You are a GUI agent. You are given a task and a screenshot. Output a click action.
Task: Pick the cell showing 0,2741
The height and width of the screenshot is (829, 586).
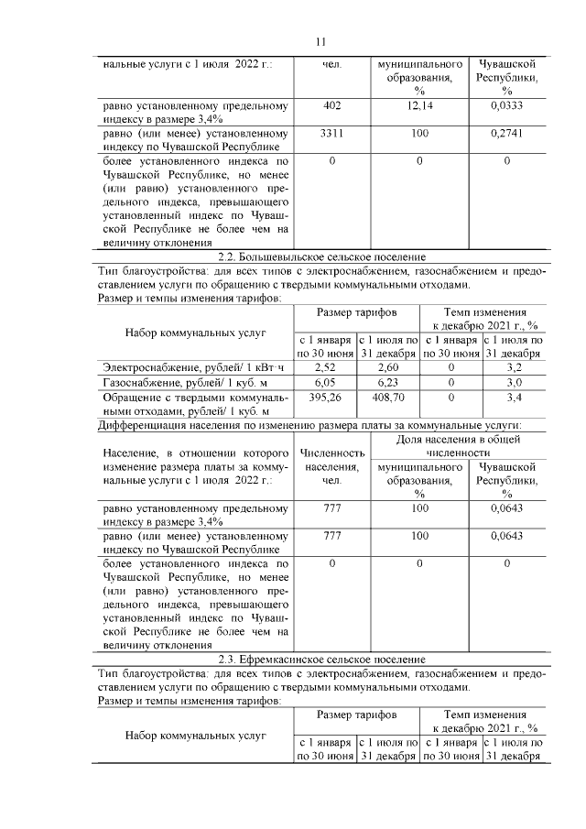[x=506, y=134]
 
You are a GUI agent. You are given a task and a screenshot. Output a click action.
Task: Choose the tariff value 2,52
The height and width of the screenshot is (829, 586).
[x=326, y=367]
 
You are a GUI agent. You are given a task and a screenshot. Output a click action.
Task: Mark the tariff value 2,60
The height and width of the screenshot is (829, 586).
[x=388, y=367]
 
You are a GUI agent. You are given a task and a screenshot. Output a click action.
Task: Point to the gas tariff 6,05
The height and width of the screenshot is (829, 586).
[x=326, y=382]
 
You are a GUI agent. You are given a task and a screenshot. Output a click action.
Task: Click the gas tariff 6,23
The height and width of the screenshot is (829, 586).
[x=388, y=382]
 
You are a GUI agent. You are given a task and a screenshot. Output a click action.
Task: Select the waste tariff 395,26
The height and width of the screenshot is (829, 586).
[x=326, y=398]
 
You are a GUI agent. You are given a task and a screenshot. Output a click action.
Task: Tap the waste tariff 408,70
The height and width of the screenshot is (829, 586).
[x=388, y=398]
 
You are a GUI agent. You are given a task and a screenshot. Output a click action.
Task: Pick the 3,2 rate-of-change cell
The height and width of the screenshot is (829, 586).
[x=514, y=367]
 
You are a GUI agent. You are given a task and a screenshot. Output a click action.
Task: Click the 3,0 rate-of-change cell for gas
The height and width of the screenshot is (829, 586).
[x=514, y=382]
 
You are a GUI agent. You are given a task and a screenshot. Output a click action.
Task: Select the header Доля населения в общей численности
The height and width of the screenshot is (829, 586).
[x=458, y=446]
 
